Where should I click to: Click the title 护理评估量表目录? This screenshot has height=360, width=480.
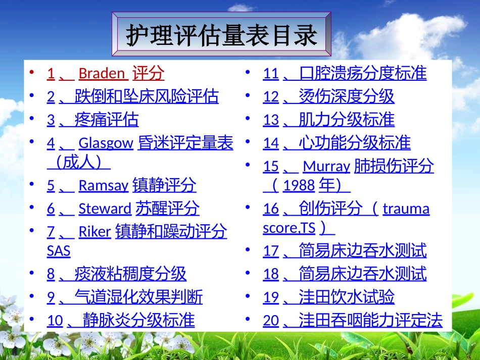(222, 35)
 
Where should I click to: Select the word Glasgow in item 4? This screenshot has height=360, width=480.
(106, 143)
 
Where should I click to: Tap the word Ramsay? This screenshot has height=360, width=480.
(103, 186)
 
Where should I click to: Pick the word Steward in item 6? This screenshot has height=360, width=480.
(105, 209)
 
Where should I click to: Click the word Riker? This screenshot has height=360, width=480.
(94, 232)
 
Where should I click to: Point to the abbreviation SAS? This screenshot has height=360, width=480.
(59, 251)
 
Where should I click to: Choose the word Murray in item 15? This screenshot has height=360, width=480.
(326, 167)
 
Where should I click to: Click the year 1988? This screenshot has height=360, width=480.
(299, 186)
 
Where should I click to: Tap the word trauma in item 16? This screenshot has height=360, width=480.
(406, 209)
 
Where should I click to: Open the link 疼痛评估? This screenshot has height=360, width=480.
(106, 120)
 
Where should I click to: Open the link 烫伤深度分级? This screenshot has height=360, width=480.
(347, 96)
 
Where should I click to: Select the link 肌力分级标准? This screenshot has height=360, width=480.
(347, 120)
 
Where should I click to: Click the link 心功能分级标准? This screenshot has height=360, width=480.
(355, 143)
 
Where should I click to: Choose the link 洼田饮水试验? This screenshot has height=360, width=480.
(347, 297)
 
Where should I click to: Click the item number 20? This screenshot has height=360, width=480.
(271, 321)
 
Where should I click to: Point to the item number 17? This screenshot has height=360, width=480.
(271, 251)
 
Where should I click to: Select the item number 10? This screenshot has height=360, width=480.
(55, 321)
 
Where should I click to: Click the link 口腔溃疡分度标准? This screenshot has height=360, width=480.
(363, 74)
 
